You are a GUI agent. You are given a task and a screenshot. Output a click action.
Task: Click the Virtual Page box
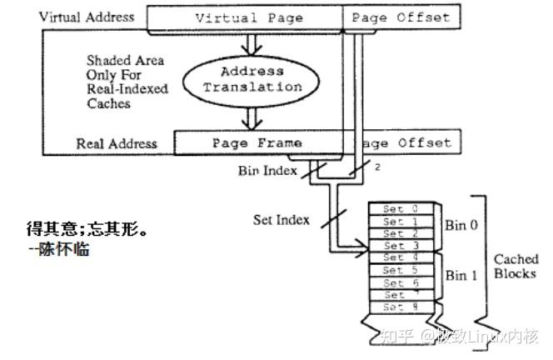(x=244, y=17)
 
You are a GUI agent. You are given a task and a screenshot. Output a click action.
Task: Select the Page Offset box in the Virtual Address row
(x=400, y=17)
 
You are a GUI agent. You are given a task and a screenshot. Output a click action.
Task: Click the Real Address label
(x=116, y=143)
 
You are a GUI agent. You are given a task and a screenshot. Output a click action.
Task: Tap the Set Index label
(x=281, y=220)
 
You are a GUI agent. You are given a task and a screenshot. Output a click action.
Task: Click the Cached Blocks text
(x=516, y=267)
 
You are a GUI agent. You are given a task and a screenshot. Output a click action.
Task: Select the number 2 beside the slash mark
(x=376, y=168)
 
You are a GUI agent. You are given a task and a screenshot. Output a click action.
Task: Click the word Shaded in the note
(x=107, y=61)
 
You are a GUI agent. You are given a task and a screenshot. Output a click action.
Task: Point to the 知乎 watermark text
(x=397, y=337)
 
